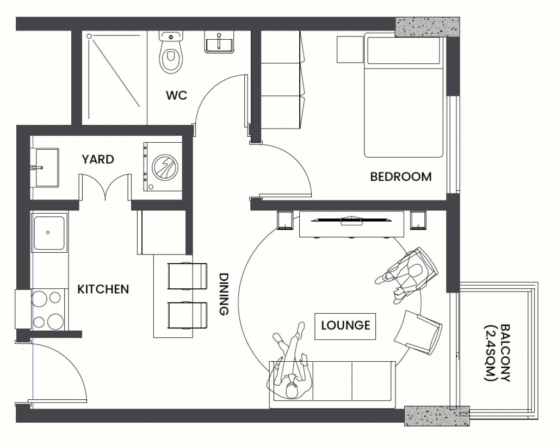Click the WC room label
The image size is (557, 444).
coord(176,95)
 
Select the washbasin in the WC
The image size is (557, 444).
coord(219,42)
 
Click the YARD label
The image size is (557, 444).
coord(98,159)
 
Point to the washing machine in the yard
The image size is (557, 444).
coord(163,167)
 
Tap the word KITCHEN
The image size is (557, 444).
coord(103,289)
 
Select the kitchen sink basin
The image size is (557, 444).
coord(49,233)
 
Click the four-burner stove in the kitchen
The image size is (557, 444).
coord(48,309)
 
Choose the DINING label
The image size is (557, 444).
coord(224,294)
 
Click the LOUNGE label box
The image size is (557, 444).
coord(345,326)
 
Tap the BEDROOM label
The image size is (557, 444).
coord(401,177)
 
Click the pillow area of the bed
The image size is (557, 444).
coord(404,50)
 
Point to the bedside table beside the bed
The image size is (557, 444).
coord(350,49)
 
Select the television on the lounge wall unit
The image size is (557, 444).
coord(351,220)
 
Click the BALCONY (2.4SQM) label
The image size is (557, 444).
coord(498,352)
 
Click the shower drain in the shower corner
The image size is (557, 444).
coord(89,36)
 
